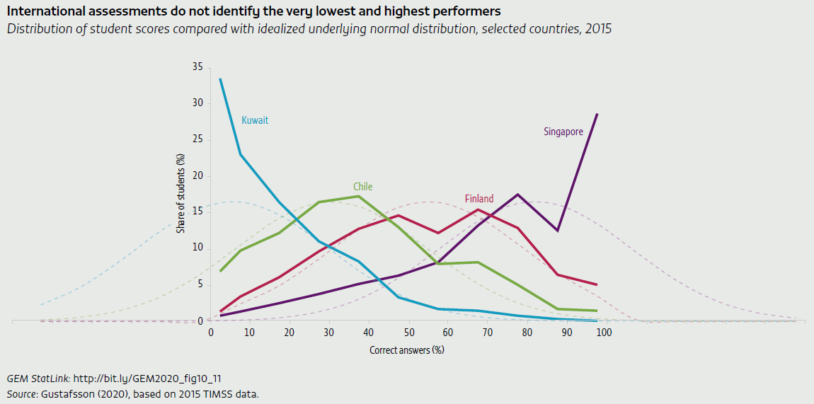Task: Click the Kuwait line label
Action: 255,120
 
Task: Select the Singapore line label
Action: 563,132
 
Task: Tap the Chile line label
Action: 362,187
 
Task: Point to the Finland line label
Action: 479,199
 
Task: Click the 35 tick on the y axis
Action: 197,67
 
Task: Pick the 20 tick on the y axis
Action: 197,176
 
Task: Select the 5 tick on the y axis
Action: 200,285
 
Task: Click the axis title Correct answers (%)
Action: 407,350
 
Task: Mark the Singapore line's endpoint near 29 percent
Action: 597,114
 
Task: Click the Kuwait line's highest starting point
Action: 220,79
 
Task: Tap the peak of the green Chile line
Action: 359,196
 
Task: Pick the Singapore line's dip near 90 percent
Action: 558,231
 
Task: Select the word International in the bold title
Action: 43,11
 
